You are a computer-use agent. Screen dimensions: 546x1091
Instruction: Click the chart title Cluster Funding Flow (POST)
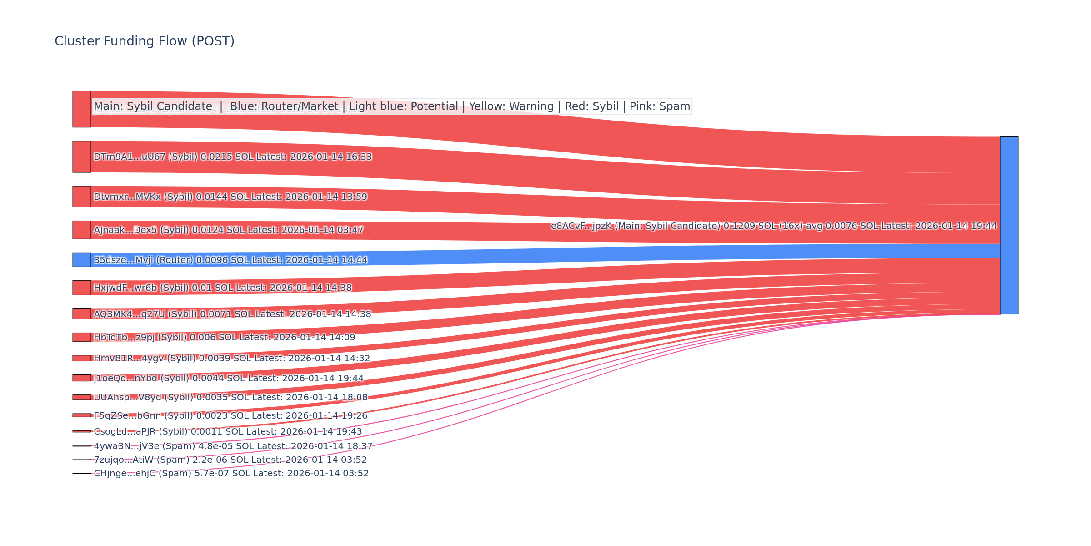pos(145,41)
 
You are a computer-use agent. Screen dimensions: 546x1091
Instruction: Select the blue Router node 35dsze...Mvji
pos(82,260)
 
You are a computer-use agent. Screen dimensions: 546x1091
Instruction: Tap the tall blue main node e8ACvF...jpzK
pos(1009,225)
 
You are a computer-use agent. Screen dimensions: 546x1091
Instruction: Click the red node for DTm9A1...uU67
pos(82,157)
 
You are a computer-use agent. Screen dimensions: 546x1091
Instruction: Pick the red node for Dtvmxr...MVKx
pos(82,197)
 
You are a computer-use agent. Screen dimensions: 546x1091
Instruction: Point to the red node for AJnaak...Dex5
pos(82,230)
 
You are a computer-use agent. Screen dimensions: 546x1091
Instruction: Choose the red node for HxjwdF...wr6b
pos(82,288)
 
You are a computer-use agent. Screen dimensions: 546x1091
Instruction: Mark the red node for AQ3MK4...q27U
pos(82,314)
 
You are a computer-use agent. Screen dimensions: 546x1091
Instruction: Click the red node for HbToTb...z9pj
pos(82,337)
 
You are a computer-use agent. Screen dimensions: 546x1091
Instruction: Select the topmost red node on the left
pos(82,109)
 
